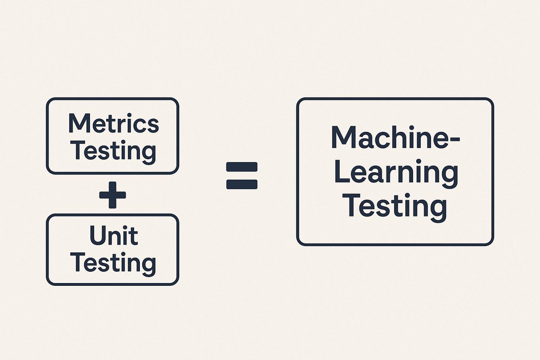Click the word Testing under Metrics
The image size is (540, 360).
[113, 151]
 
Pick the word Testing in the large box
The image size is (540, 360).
[396, 207]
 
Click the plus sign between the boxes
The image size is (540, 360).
[112, 194]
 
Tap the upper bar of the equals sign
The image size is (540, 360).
[242, 167]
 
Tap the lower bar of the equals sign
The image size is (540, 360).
[242, 184]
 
